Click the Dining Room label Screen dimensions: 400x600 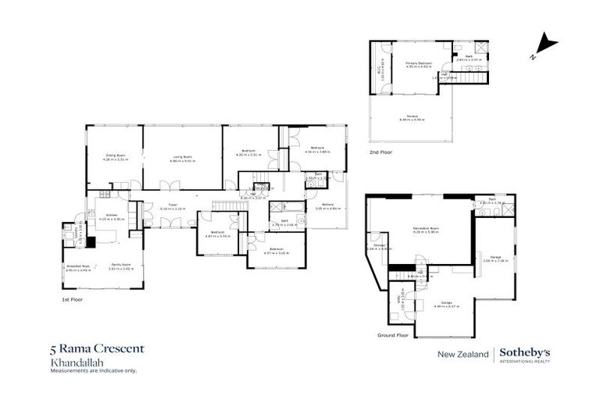point(116,156)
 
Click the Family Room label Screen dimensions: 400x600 point(120,266)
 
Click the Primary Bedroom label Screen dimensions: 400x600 point(420,65)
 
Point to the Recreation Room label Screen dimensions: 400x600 point(426,229)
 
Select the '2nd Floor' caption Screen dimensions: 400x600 point(381,152)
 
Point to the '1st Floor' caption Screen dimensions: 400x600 point(72,298)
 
